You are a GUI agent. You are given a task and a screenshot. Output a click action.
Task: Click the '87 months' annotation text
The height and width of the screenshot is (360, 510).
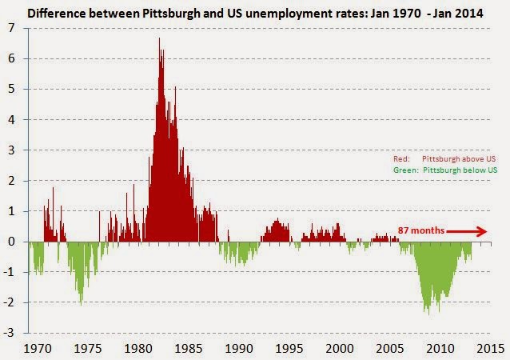click(420, 231)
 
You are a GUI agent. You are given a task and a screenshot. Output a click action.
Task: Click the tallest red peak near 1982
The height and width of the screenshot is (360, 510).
click(159, 39)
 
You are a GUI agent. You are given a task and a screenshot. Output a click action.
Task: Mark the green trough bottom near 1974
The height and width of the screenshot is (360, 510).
click(82, 304)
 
